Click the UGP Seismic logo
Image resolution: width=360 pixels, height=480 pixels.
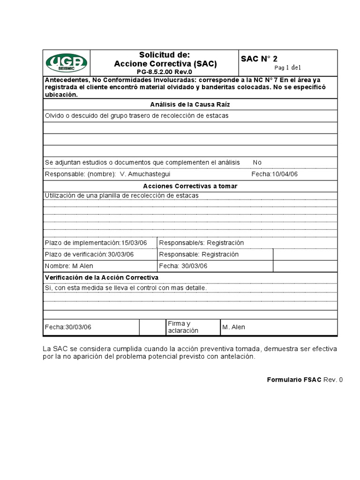pyautogui.click(x=66, y=63)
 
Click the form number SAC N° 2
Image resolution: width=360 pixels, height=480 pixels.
pyautogui.click(x=259, y=59)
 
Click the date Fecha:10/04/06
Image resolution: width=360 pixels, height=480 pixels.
pyautogui.click(x=275, y=174)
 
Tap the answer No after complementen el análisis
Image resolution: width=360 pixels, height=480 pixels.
pyautogui.click(x=257, y=162)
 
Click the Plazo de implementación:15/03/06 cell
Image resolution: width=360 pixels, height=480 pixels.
pyautogui.click(x=96, y=243)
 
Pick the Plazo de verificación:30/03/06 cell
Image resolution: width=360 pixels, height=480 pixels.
pyautogui.click(x=89, y=254)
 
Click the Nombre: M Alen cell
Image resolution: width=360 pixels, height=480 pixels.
pyautogui.click(x=69, y=266)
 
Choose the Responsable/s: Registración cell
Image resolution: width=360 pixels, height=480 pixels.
pyautogui.click(x=202, y=243)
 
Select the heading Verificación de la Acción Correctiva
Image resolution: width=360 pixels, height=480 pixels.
pyautogui.click(x=101, y=277)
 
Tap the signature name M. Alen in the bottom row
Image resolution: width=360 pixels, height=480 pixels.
pyautogui.click(x=234, y=327)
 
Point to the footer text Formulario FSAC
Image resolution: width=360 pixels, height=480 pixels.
pyautogui.click(x=294, y=380)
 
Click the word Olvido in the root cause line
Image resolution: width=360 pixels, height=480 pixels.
pyautogui.click(x=54, y=115)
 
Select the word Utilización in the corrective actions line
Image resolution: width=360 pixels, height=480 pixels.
pyautogui.click(x=61, y=195)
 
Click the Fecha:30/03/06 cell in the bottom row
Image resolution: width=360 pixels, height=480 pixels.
pyautogui.click(x=68, y=327)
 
